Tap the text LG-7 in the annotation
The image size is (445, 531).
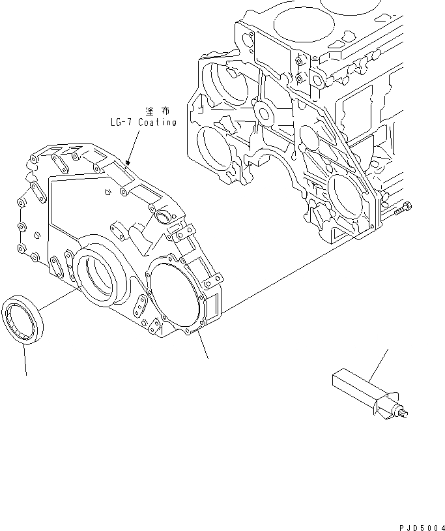tap(122, 122)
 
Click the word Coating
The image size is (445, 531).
tap(156, 122)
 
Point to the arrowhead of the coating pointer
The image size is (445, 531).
tap(129, 161)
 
